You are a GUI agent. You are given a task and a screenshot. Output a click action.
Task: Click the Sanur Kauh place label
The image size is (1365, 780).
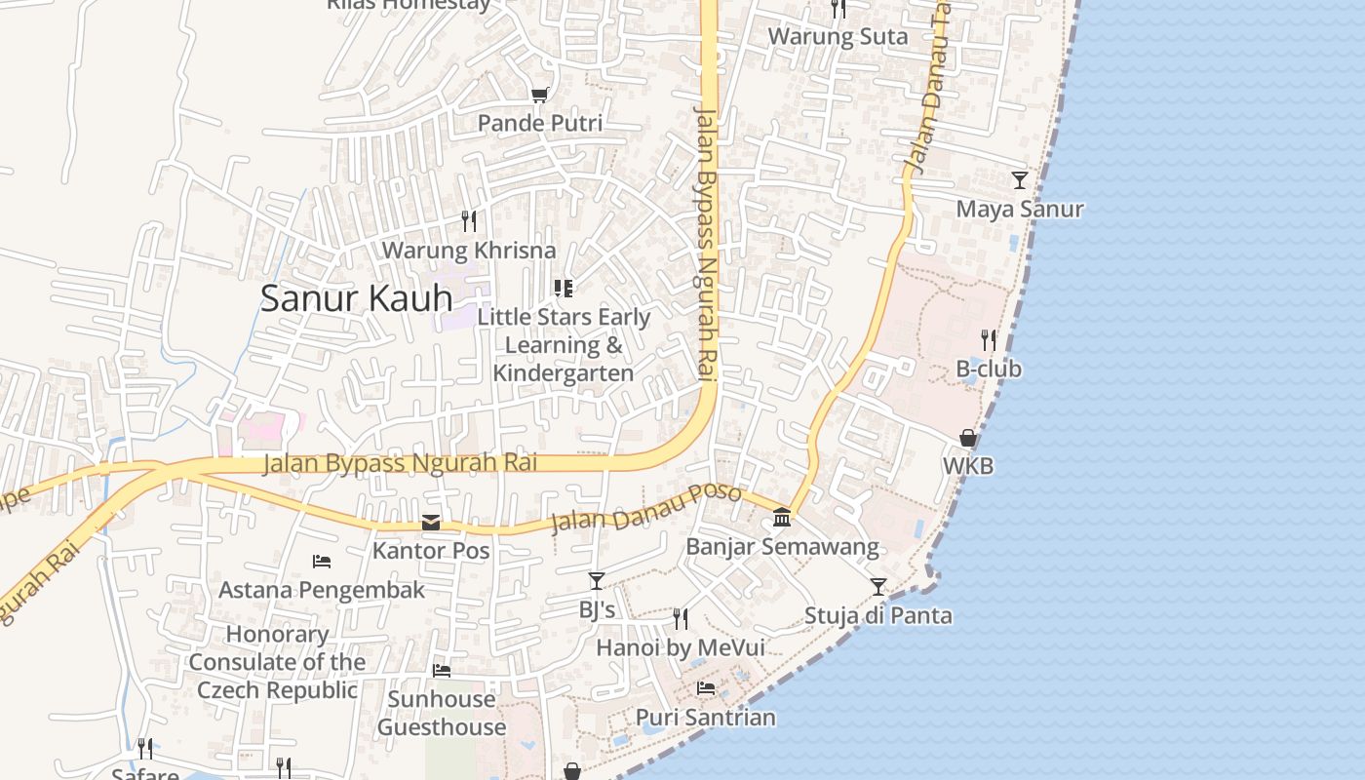pos(356,298)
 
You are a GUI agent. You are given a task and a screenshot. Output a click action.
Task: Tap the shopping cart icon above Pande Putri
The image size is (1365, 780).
pos(539,95)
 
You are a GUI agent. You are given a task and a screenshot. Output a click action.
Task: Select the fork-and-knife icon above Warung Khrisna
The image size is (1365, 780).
pos(469,221)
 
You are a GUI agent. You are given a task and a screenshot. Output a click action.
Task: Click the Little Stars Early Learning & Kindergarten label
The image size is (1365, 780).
pos(564,345)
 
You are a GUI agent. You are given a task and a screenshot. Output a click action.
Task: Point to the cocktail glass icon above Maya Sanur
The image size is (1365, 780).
pos(1019,180)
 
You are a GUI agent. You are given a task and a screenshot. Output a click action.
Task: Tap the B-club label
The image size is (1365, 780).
pos(989,369)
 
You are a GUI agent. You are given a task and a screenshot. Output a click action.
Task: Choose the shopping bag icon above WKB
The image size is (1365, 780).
pos(968,438)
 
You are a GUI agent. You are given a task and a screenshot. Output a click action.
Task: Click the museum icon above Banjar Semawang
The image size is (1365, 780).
pos(782,517)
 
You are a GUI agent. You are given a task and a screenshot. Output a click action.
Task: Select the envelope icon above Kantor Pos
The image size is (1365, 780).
pos(431,523)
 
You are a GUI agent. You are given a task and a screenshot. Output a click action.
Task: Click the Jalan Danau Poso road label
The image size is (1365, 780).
pos(646,508)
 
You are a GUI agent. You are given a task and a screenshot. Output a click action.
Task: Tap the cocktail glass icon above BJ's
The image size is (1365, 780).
pos(597,581)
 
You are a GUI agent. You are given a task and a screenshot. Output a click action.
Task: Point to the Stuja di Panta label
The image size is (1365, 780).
pos(878,616)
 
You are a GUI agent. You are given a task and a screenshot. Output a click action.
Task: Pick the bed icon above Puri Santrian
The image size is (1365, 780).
pos(706,688)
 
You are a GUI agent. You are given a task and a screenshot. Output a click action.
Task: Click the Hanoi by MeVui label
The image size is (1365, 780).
pos(681,648)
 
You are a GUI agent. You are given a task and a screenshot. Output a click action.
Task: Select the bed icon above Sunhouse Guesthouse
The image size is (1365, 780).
pos(442,671)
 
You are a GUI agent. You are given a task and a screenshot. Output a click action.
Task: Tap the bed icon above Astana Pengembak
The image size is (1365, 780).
pos(322,561)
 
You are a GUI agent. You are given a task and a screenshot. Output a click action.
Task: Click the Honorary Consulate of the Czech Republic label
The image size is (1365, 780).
pos(277,662)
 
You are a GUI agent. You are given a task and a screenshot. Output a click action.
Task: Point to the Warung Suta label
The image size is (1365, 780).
pos(838,37)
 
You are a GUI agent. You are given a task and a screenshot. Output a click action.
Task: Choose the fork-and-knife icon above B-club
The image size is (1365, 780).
pos(989,339)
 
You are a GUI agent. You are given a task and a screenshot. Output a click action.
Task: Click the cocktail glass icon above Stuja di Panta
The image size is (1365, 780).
pos(878,586)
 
